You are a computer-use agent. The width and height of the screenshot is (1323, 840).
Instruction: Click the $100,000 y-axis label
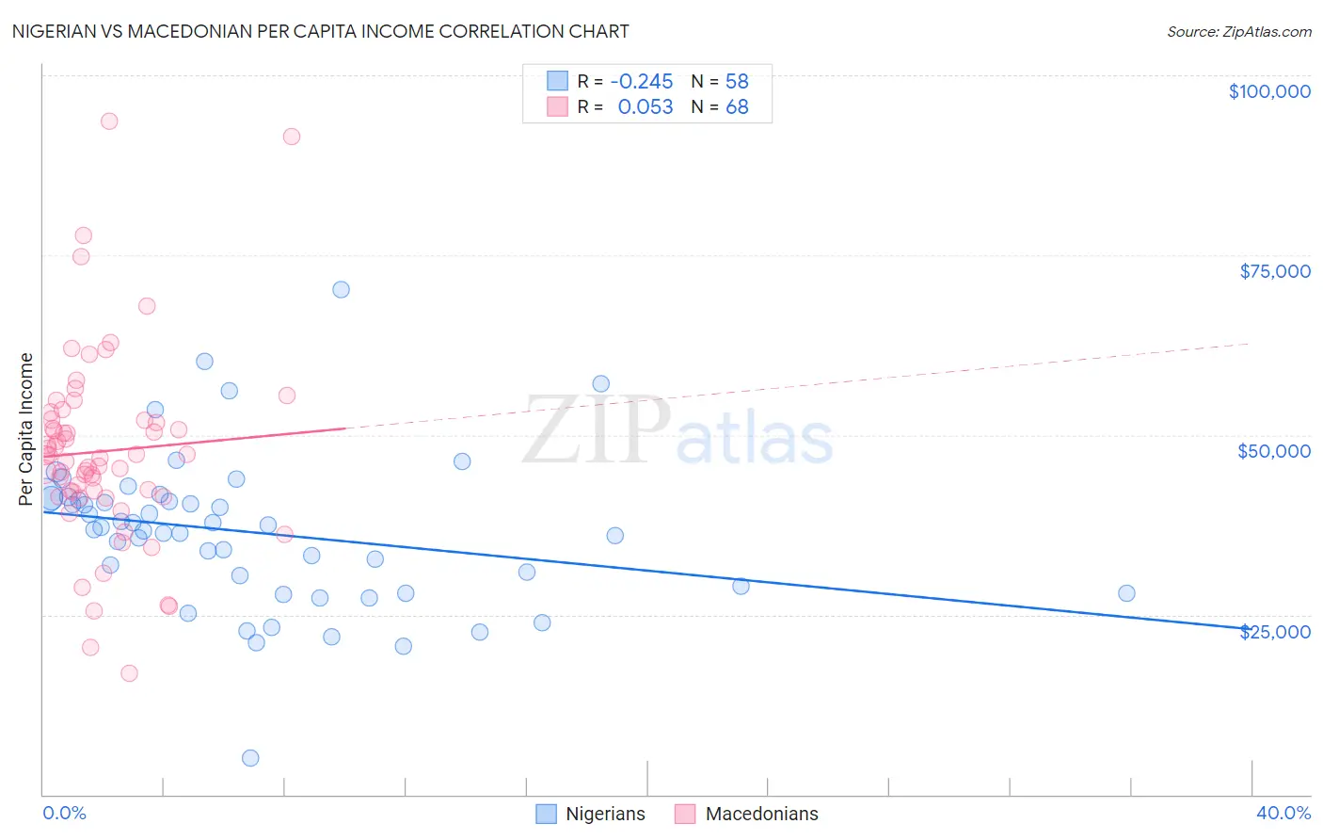(x=1268, y=91)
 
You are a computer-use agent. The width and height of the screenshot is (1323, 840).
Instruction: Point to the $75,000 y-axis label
(x=1274, y=271)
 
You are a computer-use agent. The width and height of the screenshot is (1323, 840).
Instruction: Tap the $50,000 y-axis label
(x=1273, y=451)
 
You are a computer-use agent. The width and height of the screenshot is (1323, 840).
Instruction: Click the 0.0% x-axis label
(x=64, y=813)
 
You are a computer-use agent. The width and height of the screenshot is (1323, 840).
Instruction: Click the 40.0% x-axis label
(x=1283, y=813)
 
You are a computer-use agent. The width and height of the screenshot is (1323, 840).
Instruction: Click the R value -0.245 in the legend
(x=642, y=82)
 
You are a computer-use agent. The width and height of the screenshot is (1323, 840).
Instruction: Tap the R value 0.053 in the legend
(x=645, y=107)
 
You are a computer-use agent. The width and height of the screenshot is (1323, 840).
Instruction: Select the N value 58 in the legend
(x=737, y=82)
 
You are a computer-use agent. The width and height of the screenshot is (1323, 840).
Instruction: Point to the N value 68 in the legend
(x=737, y=107)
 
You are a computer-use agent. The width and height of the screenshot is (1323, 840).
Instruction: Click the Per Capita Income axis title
(x=26, y=428)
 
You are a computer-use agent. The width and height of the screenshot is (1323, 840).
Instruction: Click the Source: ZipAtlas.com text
(x=1238, y=32)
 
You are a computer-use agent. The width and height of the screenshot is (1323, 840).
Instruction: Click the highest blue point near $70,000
(x=341, y=289)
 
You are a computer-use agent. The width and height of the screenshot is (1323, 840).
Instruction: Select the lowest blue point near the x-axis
(x=250, y=758)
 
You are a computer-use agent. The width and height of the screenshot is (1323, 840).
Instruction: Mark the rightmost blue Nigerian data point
(x=1126, y=593)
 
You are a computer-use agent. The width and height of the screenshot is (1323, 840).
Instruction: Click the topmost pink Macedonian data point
(x=109, y=121)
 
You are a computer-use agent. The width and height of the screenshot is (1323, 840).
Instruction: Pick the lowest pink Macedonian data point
(x=129, y=673)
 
